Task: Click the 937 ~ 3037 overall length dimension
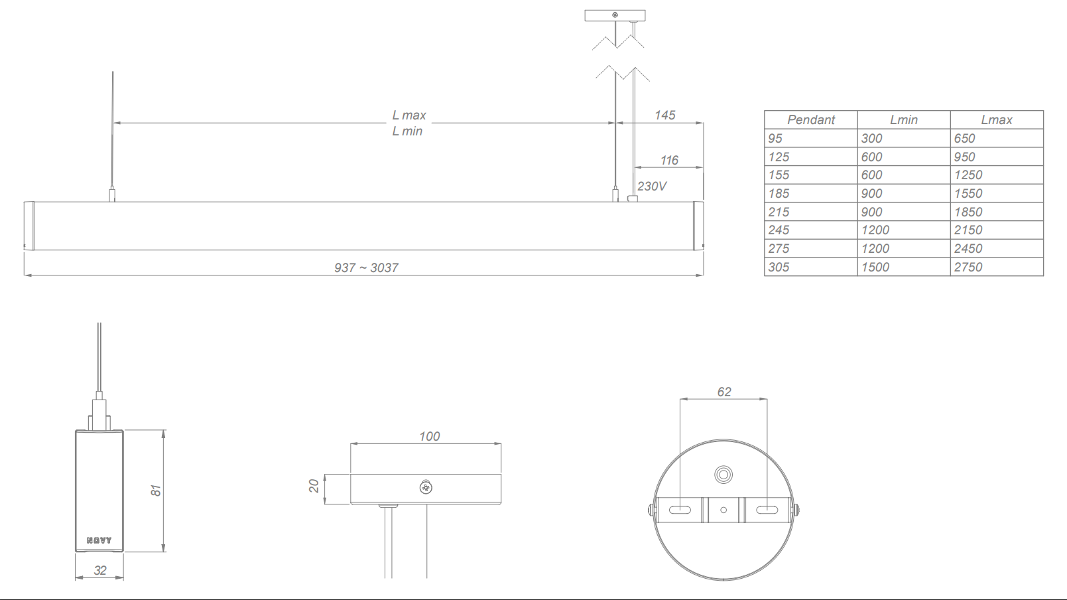[x=366, y=267]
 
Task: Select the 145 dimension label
[x=664, y=115]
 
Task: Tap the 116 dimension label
[x=669, y=161]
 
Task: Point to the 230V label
[x=652, y=187]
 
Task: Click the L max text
[x=408, y=115]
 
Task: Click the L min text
[x=407, y=131]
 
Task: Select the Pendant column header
[x=810, y=120]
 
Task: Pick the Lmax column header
[x=996, y=120]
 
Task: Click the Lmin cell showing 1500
[x=875, y=267]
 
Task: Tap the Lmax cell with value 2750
[x=968, y=267]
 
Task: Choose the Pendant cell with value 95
[x=775, y=139]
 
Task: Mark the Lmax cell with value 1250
[x=968, y=175]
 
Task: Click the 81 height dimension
[x=156, y=490]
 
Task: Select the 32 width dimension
[x=100, y=570]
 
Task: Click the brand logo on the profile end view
[x=99, y=540]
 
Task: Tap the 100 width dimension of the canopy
[x=429, y=436]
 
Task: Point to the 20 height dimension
[x=314, y=487]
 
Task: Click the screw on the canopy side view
[x=426, y=488]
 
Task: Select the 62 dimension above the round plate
[x=724, y=392]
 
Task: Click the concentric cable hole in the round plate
[x=723, y=475]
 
